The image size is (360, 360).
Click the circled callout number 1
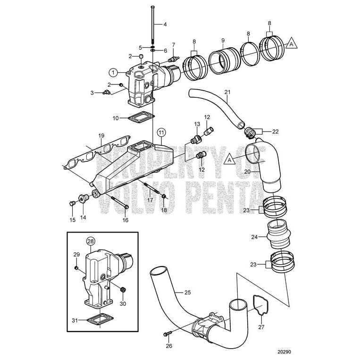coord(113,72)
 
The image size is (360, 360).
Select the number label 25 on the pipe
coord(187,293)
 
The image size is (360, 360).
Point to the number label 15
coord(73,219)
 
